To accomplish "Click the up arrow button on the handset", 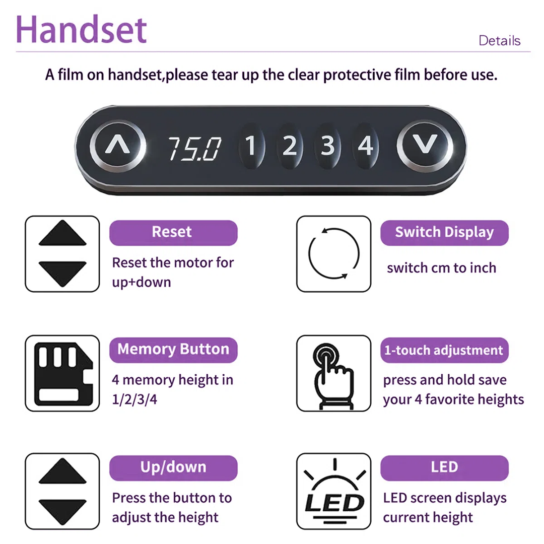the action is (x=117, y=146).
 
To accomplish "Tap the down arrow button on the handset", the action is (x=425, y=146).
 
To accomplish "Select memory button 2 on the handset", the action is (x=290, y=146).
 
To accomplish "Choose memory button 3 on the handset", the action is (x=327, y=146).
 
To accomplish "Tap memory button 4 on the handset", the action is (x=365, y=146).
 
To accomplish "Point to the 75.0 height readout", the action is (x=194, y=149).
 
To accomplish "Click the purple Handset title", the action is (x=81, y=30).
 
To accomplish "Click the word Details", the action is (x=499, y=41).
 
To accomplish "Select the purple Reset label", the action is (x=173, y=233).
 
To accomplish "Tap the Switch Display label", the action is (x=444, y=233).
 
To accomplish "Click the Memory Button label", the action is (x=173, y=350).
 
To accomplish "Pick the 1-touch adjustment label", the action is (x=444, y=350).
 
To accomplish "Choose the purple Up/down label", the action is (x=173, y=468).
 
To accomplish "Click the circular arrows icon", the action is (x=359, y=253).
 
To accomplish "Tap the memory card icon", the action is (x=63, y=374).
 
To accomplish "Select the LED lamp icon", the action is (x=334, y=491).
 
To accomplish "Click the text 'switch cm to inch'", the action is (x=441, y=268).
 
